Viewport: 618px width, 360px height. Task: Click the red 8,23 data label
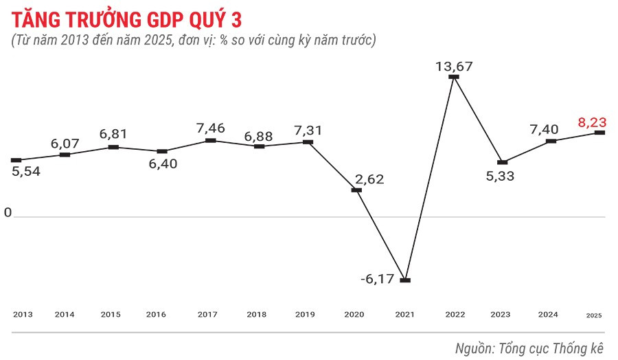click(x=592, y=122)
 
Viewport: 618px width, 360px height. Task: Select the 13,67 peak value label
click(x=455, y=66)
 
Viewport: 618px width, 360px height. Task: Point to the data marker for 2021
click(x=405, y=280)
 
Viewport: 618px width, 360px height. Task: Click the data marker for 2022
click(x=453, y=77)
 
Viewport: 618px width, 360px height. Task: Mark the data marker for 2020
click(x=356, y=190)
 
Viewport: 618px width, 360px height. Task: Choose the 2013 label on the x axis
click(x=23, y=315)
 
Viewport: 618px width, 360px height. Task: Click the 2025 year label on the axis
click(x=594, y=315)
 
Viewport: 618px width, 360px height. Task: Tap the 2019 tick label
click(x=305, y=315)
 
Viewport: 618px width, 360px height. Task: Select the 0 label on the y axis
click(x=8, y=213)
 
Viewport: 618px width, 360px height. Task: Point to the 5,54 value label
click(x=26, y=171)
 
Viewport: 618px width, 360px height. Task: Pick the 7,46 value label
click(x=211, y=128)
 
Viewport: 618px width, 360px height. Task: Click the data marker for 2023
click(x=503, y=162)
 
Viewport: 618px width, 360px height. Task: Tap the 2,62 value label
click(x=369, y=179)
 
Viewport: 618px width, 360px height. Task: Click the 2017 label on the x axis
click(x=207, y=315)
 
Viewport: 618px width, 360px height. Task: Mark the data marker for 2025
click(x=599, y=133)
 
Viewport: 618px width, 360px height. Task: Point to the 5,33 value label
click(x=500, y=175)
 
